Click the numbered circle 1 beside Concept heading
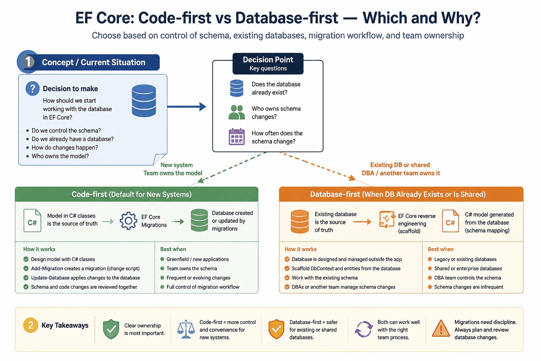coord(28,62)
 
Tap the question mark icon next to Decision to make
coord(33,88)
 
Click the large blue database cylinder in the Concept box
coord(144,100)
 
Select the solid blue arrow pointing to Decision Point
coord(187,106)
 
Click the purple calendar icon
coord(237,137)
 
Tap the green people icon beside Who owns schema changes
coord(237,112)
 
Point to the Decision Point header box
coord(268,63)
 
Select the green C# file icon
coord(32,221)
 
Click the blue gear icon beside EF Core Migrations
coord(129,221)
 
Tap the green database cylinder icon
coord(199,220)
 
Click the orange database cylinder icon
coord(300,221)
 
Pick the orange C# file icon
coord(450,221)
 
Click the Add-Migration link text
coord(47,268)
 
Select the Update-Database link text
coord(50,278)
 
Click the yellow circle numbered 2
coord(31,325)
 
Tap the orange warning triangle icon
coord(441,329)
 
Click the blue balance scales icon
coord(186,329)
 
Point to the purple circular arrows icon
coord(364,329)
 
